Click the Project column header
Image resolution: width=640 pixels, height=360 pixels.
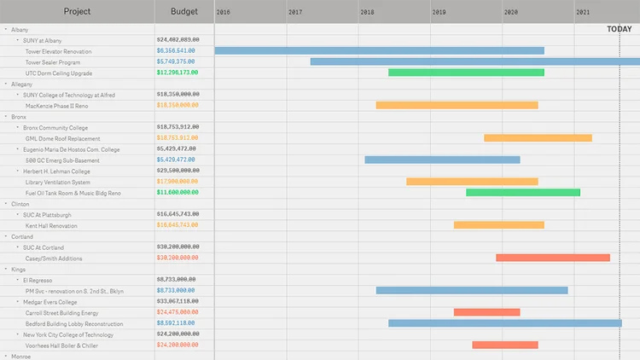click(77, 12)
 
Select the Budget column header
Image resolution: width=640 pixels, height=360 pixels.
click(184, 12)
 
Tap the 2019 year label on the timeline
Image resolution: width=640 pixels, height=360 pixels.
click(439, 12)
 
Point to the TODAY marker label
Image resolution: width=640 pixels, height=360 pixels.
click(619, 29)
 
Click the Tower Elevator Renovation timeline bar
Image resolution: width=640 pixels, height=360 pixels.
click(379, 51)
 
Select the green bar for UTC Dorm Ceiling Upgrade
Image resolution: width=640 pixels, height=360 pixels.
click(466, 73)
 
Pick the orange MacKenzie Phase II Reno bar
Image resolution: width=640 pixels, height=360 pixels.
click(457, 106)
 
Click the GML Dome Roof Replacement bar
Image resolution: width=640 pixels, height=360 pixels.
click(538, 138)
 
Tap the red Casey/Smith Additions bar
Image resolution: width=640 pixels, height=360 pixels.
click(552, 258)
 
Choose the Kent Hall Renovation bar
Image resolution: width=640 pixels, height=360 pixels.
click(498, 225)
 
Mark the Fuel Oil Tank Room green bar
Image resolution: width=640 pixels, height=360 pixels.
click(522, 193)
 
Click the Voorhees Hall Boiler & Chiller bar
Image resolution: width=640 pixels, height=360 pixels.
click(505, 345)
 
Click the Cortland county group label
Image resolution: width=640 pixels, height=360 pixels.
click(21, 236)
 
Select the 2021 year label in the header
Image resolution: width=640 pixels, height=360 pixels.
click(582, 12)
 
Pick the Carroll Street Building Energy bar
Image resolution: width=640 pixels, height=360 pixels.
click(486, 312)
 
